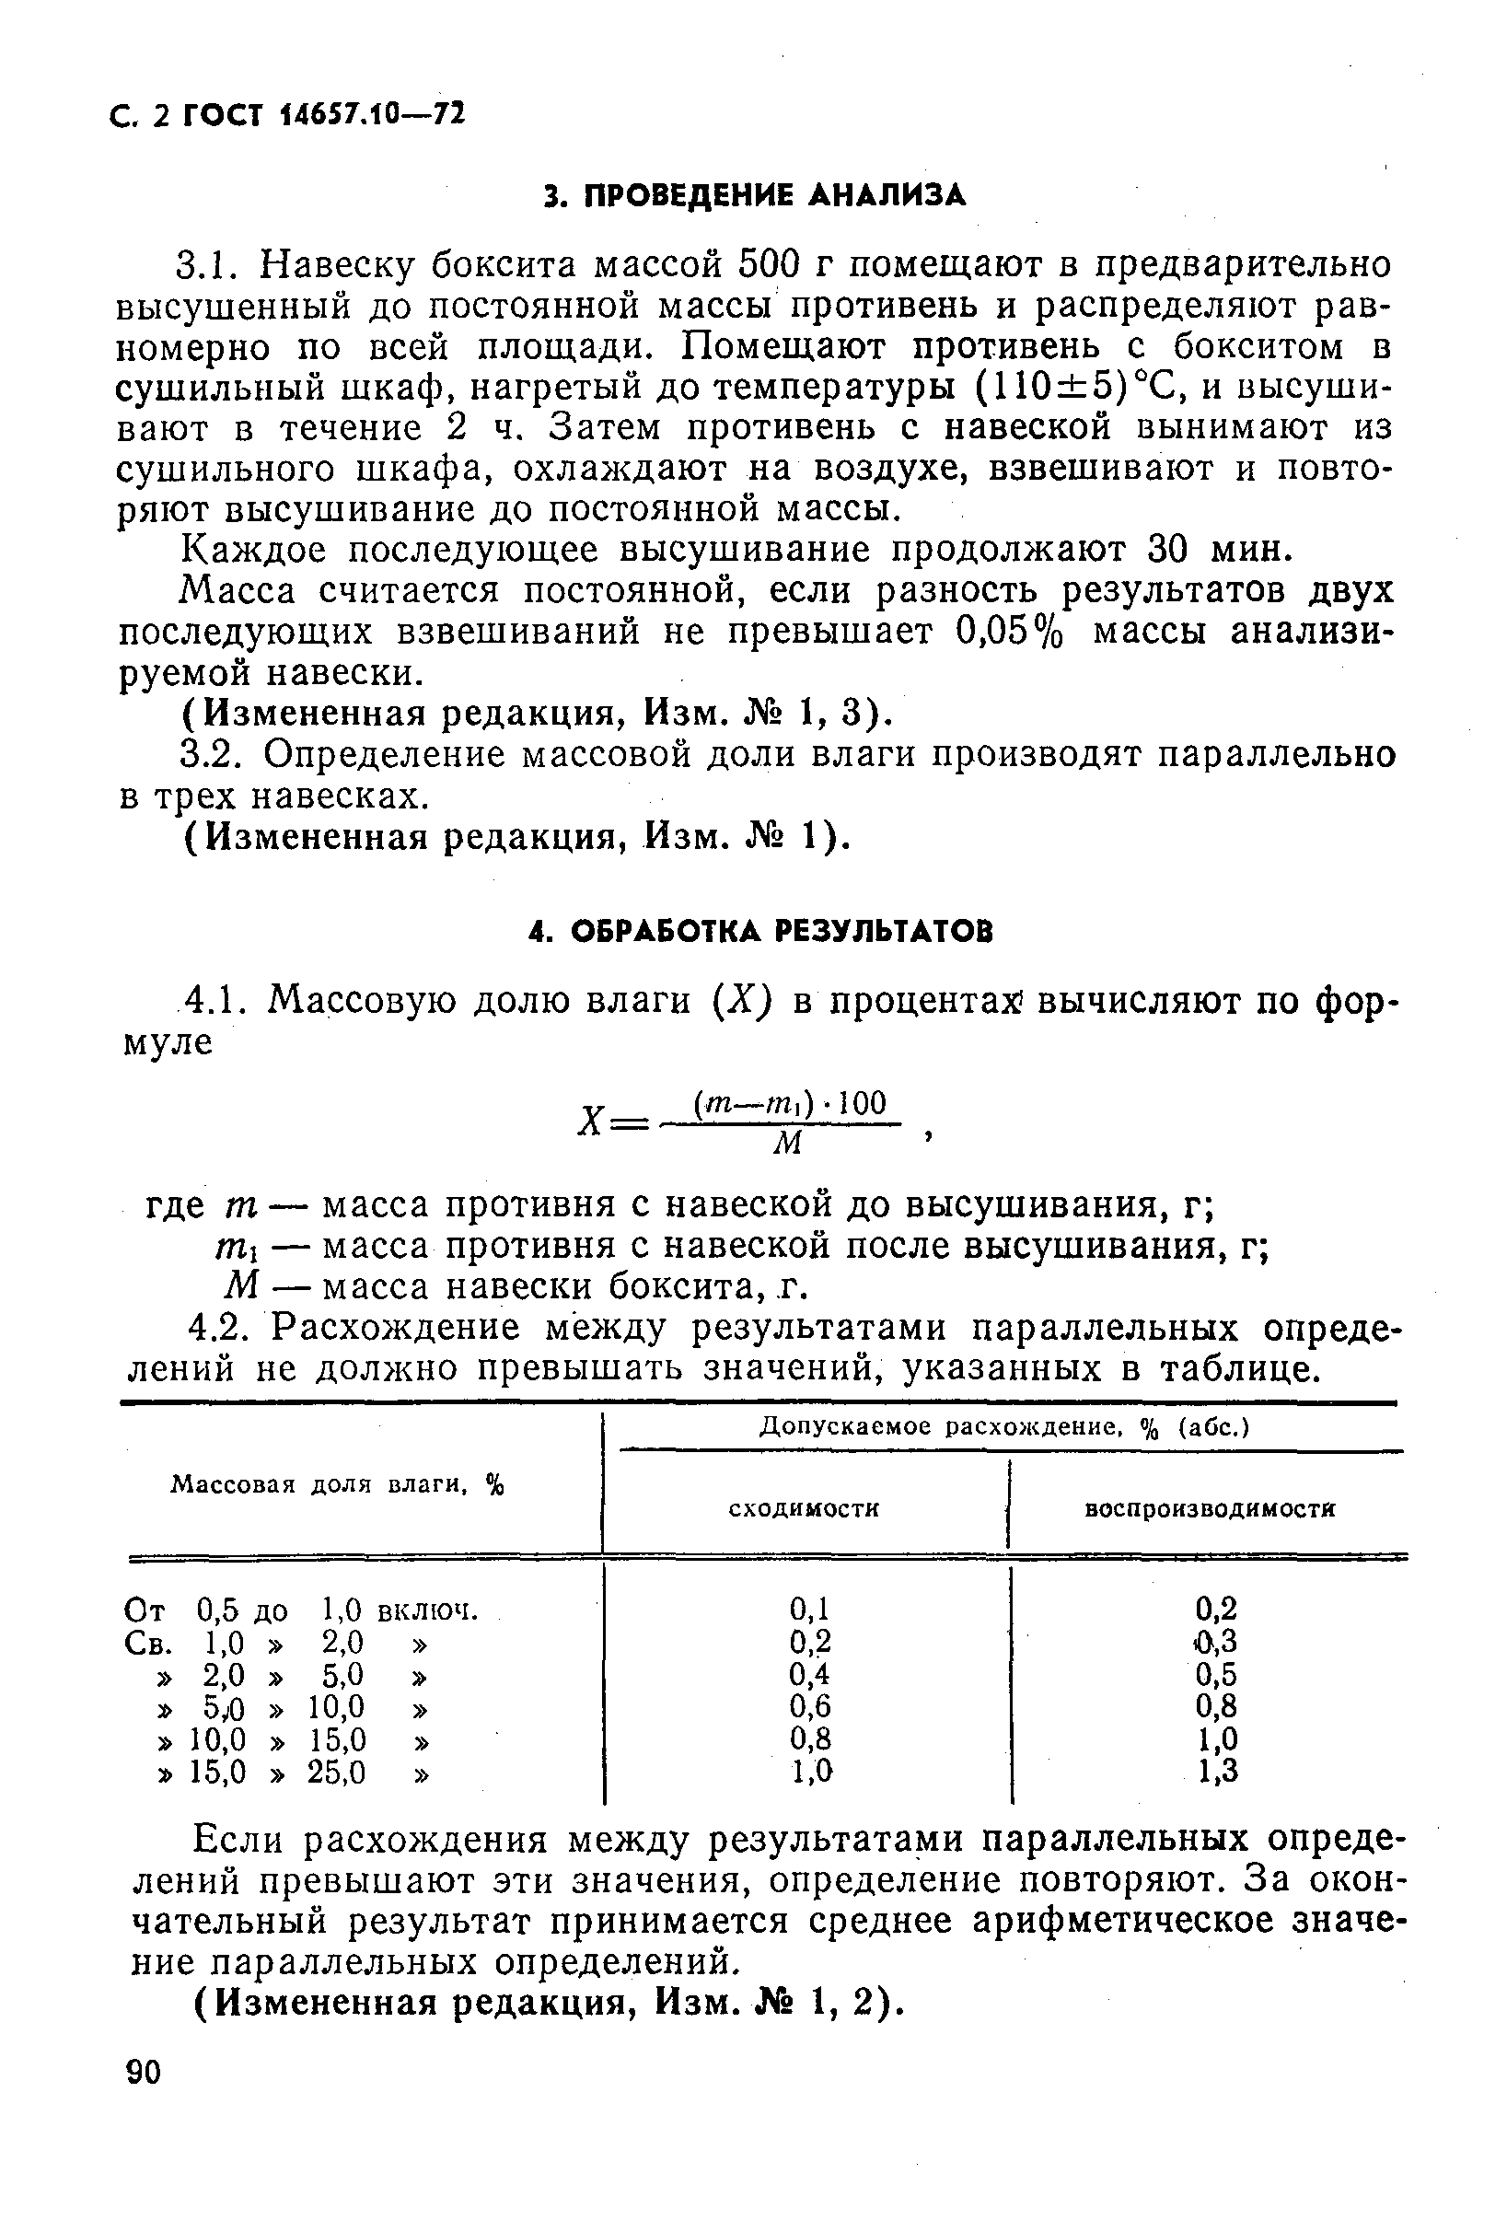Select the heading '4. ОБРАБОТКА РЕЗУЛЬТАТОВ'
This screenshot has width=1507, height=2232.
click(x=761, y=931)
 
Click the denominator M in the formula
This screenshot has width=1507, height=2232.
click(x=788, y=1143)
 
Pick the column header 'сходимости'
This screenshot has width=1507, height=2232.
click(x=804, y=1509)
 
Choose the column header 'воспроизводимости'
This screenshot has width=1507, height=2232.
click(x=1211, y=1509)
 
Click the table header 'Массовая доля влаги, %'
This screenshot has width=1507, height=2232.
click(x=337, y=1486)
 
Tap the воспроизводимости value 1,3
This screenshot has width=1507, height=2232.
click(x=1216, y=1770)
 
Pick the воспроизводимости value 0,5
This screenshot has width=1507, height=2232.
click(x=1216, y=1674)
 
